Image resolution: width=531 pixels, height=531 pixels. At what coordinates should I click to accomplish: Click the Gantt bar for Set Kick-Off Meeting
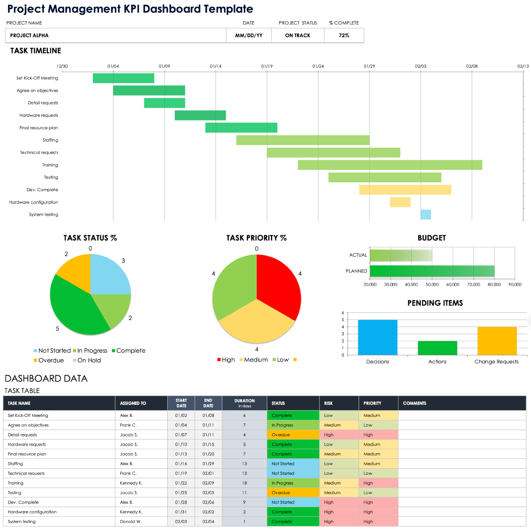coord(123,78)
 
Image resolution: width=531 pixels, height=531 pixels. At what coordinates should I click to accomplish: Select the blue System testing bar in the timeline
coord(426,215)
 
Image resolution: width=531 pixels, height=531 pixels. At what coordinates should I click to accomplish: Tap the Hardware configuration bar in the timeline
coord(400,202)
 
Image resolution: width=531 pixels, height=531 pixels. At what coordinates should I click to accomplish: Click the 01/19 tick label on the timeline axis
coord(267,66)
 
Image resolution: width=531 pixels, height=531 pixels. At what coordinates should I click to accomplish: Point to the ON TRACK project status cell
coord(297,35)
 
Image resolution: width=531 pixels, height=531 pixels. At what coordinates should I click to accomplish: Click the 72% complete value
coord(344,35)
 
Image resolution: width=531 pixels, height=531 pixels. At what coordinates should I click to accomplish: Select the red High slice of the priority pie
coord(279,283)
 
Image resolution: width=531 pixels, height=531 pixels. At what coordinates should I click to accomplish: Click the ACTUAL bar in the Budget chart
coord(400,255)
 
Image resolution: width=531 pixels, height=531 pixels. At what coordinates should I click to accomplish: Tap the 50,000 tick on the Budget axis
coord(432,285)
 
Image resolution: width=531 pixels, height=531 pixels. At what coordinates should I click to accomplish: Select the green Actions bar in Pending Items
coord(437,348)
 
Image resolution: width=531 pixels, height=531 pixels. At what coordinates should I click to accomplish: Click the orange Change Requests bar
coord(497,341)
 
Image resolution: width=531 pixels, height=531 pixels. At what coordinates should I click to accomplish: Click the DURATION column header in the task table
coord(244,403)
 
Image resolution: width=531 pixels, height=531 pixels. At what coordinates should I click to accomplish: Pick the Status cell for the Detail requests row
coord(293,435)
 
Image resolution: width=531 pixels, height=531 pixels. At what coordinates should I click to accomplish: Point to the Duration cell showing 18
coord(244,483)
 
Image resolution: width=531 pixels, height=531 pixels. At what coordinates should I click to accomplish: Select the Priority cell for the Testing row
coord(378,493)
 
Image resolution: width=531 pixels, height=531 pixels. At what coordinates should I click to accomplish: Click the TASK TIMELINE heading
coord(36,51)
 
